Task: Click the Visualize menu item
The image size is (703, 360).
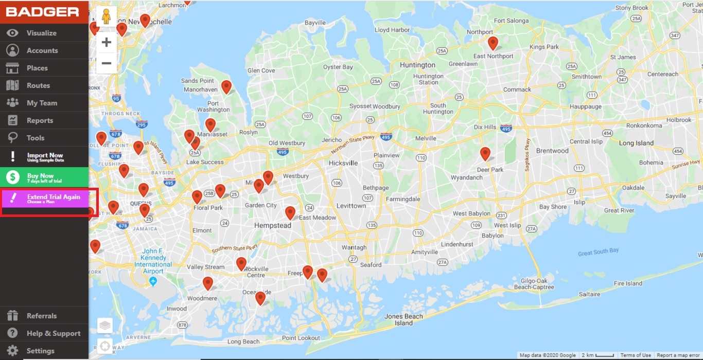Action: coord(41,33)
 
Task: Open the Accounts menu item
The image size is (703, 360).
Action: coord(42,50)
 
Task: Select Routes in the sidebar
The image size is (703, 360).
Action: coord(38,85)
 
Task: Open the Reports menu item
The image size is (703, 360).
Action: coord(40,120)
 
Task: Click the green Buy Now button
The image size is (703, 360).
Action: coord(44,177)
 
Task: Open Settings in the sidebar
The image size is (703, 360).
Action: coord(40,351)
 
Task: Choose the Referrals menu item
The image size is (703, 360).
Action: coord(42,316)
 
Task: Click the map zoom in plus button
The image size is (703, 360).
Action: coord(107,42)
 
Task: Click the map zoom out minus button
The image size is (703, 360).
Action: coord(107,63)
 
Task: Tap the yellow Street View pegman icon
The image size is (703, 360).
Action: coord(107,17)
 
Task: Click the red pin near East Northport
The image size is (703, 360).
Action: coord(493,43)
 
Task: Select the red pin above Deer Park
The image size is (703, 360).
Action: coord(485,153)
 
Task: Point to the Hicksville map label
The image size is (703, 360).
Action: coord(343,163)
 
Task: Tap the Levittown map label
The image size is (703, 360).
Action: coord(351,206)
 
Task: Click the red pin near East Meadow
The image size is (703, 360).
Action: coord(290,212)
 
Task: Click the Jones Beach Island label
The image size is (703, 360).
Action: coord(403,320)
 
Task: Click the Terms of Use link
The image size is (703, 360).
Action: coord(636,355)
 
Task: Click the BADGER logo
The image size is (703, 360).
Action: coord(42,12)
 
